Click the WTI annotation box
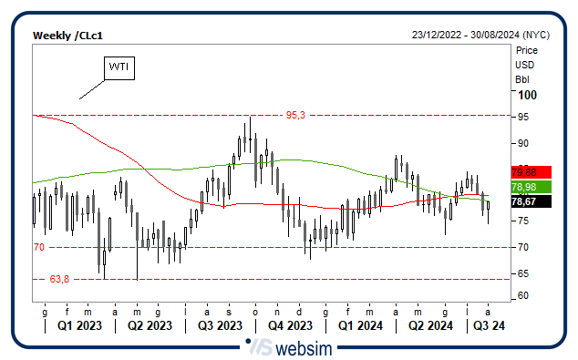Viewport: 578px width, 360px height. point(119,67)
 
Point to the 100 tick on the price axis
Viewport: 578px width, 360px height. point(526,95)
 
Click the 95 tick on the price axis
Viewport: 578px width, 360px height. point(522,117)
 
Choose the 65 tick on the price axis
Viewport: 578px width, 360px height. point(522,273)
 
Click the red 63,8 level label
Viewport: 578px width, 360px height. point(60,279)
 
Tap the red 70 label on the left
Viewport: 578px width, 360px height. point(39,247)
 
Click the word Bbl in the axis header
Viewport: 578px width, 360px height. point(523,79)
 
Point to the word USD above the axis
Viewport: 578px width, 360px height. point(524,65)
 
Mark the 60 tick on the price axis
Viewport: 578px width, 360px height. point(522,296)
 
